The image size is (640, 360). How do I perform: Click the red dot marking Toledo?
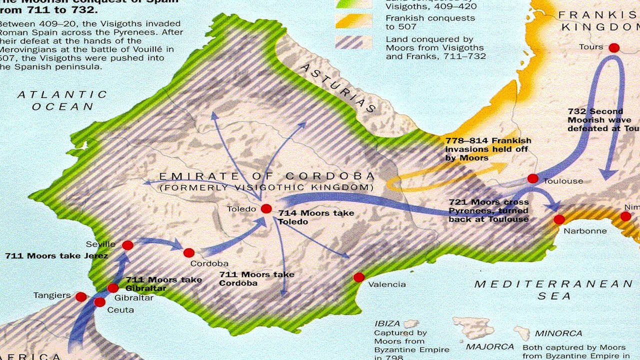(266, 209)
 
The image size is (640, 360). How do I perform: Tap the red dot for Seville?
(127, 245)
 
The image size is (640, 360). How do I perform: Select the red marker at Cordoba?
(188, 253)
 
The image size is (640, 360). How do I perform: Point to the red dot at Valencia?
(358, 277)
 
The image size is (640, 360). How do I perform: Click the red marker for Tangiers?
(81, 297)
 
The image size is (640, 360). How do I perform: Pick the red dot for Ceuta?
(99, 302)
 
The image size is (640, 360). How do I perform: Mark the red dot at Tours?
(614, 48)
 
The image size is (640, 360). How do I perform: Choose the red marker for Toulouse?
(533, 178)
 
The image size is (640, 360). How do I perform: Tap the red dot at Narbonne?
(559, 219)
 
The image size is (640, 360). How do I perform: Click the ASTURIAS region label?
(338, 88)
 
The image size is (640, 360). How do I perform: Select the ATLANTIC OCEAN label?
(62, 100)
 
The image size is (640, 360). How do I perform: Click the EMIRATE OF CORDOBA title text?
(266, 176)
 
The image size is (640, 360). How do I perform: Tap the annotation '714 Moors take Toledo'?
(315, 217)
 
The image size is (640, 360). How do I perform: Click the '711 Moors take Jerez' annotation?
(57, 256)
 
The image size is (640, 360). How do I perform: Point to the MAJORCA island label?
(489, 346)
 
